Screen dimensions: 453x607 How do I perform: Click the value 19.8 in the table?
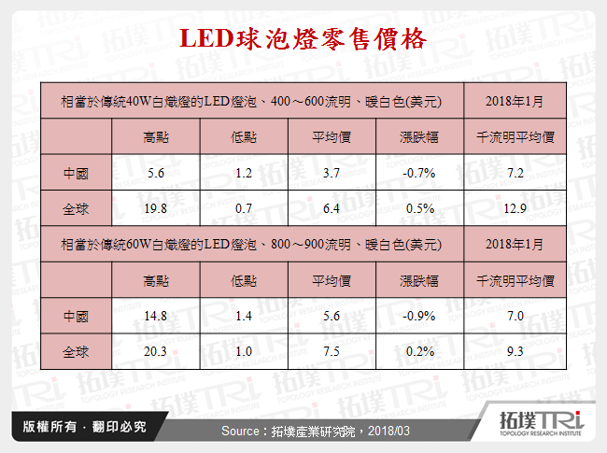click(x=156, y=208)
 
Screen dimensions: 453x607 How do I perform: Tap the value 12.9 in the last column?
click(x=515, y=208)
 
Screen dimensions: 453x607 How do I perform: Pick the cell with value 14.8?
click(x=156, y=317)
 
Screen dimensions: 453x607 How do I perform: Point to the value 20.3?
click(x=156, y=352)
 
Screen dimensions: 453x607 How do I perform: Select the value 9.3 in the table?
click(x=515, y=352)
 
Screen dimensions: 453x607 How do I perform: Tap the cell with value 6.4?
click(x=332, y=208)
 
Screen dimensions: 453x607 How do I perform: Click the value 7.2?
click(x=515, y=173)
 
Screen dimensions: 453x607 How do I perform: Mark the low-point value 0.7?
click(x=244, y=208)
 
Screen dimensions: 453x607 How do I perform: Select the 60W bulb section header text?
click(x=251, y=244)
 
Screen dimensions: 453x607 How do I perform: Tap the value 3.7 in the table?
click(x=332, y=173)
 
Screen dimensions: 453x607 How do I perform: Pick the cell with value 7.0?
click(x=515, y=317)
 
